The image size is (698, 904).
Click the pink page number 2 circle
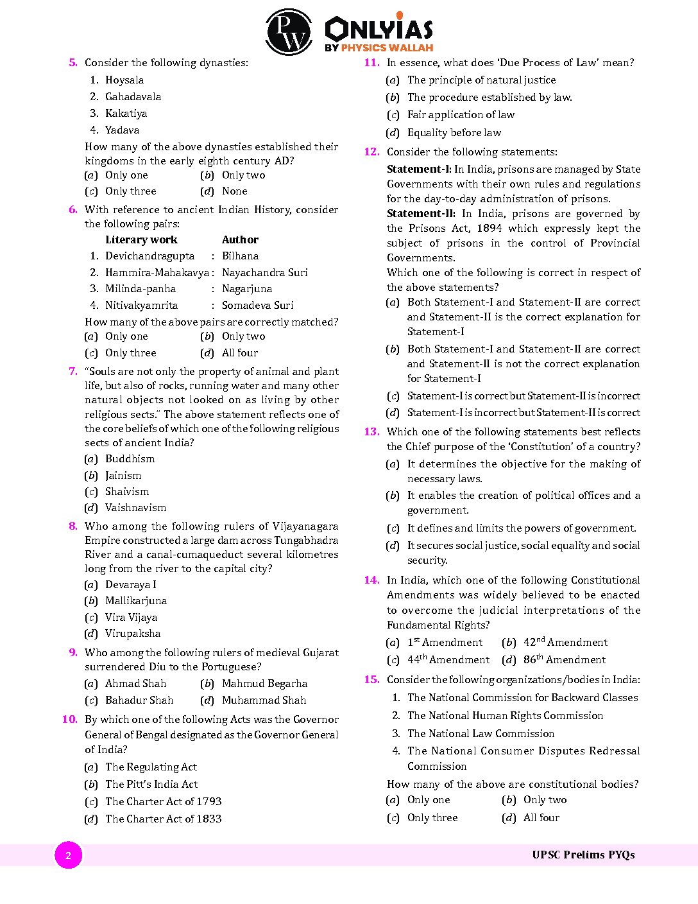[x=68, y=855]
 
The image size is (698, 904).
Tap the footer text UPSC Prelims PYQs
[x=583, y=855]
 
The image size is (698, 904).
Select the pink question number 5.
[x=73, y=63]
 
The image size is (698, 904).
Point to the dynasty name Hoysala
[x=124, y=80]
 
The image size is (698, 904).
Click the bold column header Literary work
[x=141, y=240]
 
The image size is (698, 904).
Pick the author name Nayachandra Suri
[x=264, y=273]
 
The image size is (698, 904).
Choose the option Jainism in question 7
[x=123, y=476]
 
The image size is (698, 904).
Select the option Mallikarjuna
[x=136, y=601]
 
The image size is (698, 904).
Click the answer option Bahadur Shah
[x=139, y=700]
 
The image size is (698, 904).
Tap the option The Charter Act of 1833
[x=163, y=819]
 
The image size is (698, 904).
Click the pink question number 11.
[x=371, y=63]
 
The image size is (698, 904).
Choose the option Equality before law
[x=454, y=133]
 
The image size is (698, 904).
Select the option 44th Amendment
[x=448, y=660]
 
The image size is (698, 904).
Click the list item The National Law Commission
[x=481, y=734]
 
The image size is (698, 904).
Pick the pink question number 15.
[x=371, y=680]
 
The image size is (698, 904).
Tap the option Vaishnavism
[x=135, y=508]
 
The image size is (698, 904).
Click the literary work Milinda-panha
[x=140, y=290]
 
